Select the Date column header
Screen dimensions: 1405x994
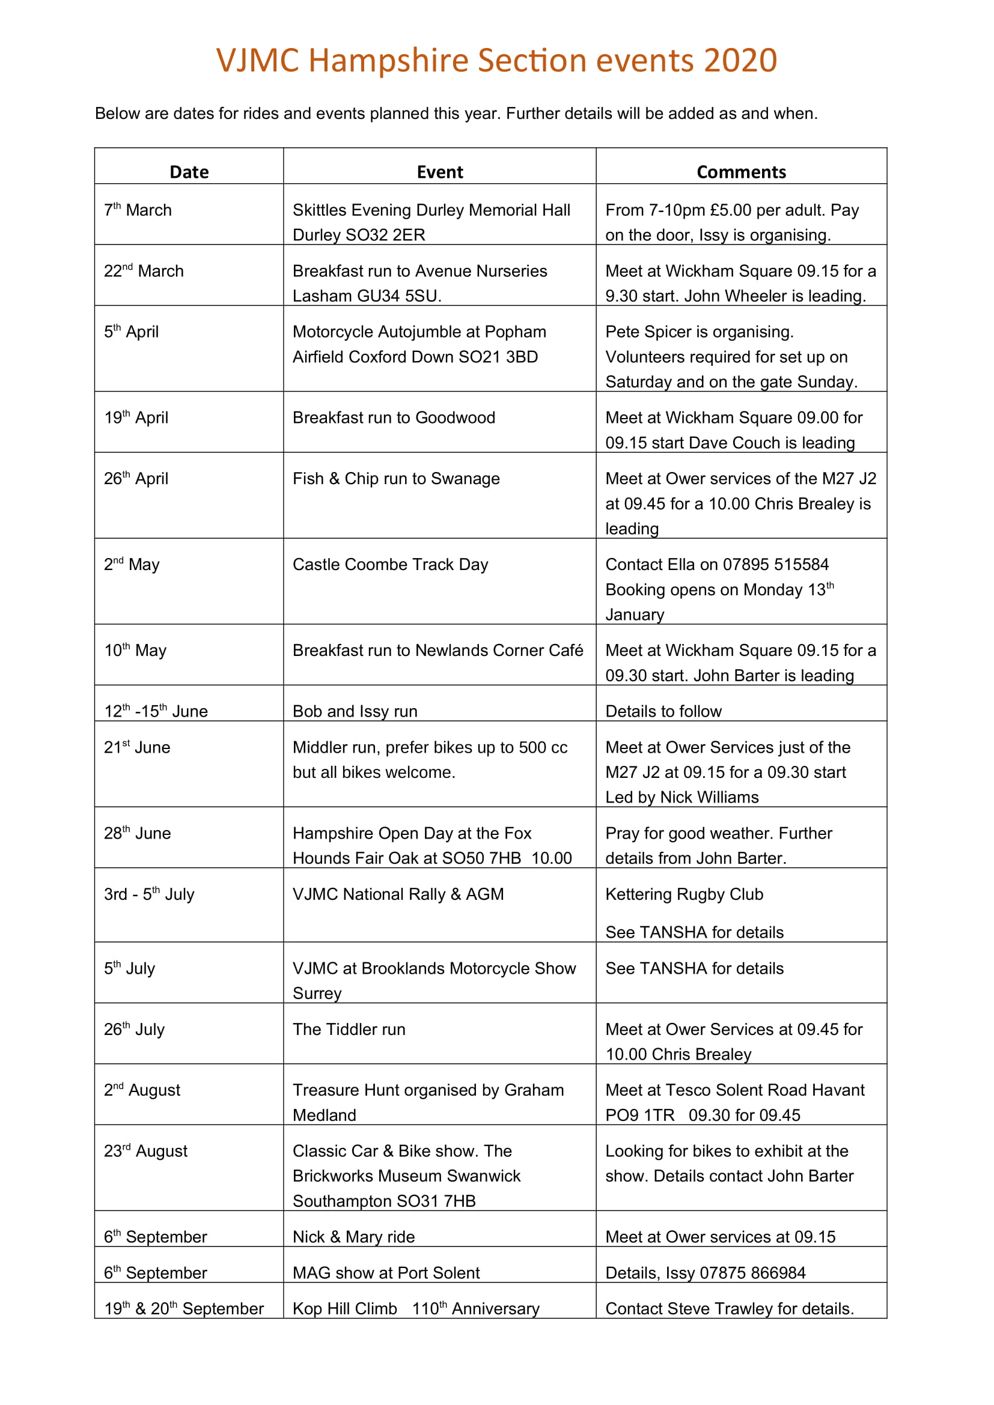coord(189,172)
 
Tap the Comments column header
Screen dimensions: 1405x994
coord(740,172)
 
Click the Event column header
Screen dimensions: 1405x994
coord(439,172)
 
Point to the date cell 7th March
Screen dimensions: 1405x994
coord(138,210)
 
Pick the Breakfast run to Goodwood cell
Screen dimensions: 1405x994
coord(394,417)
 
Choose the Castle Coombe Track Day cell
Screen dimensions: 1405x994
coord(390,564)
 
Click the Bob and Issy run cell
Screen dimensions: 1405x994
coord(355,711)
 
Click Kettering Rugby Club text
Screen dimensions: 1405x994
coord(684,894)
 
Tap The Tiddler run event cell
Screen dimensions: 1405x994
coord(349,1030)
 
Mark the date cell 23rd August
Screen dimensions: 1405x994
coord(145,1151)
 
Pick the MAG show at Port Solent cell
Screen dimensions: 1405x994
coord(386,1273)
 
